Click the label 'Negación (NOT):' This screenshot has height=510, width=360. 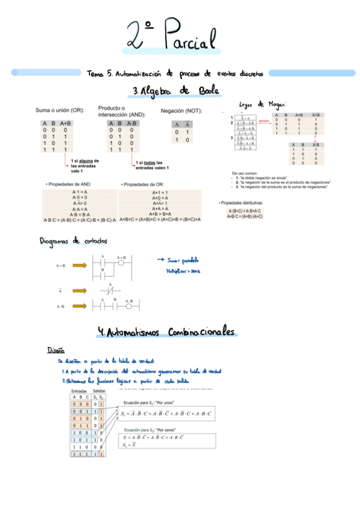pyautogui.click(x=182, y=111)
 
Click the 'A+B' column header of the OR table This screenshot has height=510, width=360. pyautogui.click(x=66, y=123)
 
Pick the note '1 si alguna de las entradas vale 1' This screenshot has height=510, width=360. pyautogui.click(x=85, y=165)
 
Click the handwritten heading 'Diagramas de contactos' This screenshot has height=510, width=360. pyautogui.click(x=73, y=241)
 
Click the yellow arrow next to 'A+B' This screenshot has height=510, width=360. pyautogui.click(x=79, y=265)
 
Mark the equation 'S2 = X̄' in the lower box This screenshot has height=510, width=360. pyautogui.click(x=129, y=445)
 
